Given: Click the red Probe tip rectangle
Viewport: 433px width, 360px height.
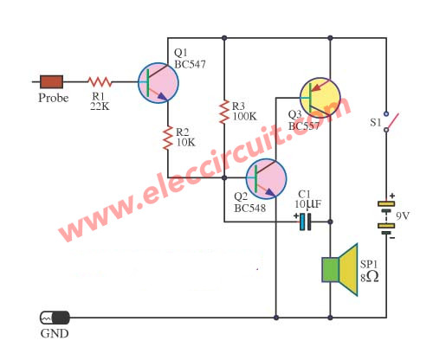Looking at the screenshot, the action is [x=51, y=81].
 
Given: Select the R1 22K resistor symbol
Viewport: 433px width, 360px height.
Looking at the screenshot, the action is [x=100, y=82].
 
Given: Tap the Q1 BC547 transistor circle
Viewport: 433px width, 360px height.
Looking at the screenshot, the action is [x=158, y=83].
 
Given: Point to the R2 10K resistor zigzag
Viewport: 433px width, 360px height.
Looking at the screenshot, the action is [x=168, y=138].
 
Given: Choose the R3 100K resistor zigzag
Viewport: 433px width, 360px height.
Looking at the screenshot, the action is [x=224, y=112].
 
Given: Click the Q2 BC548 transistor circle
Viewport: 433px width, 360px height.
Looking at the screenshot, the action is [x=266, y=178].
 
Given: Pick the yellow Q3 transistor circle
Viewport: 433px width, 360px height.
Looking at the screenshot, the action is [x=320, y=98].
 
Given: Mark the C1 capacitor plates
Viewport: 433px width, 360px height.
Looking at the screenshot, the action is [x=306, y=222].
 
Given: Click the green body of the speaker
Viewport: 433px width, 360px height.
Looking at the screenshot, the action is [x=330, y=270].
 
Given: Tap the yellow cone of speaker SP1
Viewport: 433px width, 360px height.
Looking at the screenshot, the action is [x=349, y=270].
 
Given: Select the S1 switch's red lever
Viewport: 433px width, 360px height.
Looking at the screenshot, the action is [x=393, y=121].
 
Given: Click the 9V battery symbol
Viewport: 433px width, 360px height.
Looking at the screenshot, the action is [x=386, y=217].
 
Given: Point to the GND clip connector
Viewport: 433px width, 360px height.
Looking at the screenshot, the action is [x=55, y=318].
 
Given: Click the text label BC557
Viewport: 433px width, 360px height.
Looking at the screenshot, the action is [x=304, y=126].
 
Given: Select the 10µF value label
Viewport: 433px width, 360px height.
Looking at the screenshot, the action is [x=307, y=204].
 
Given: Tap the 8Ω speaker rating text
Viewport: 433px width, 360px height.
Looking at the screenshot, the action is [x=370, y=277].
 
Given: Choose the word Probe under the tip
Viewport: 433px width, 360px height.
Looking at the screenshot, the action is [x=54, y=98].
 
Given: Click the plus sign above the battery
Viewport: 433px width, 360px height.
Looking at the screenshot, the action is [x=392, y=196].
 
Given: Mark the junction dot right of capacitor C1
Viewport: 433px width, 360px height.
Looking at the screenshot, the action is [x=331, y=222].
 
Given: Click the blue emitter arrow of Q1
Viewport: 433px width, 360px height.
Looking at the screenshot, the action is [x=162, y=97].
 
